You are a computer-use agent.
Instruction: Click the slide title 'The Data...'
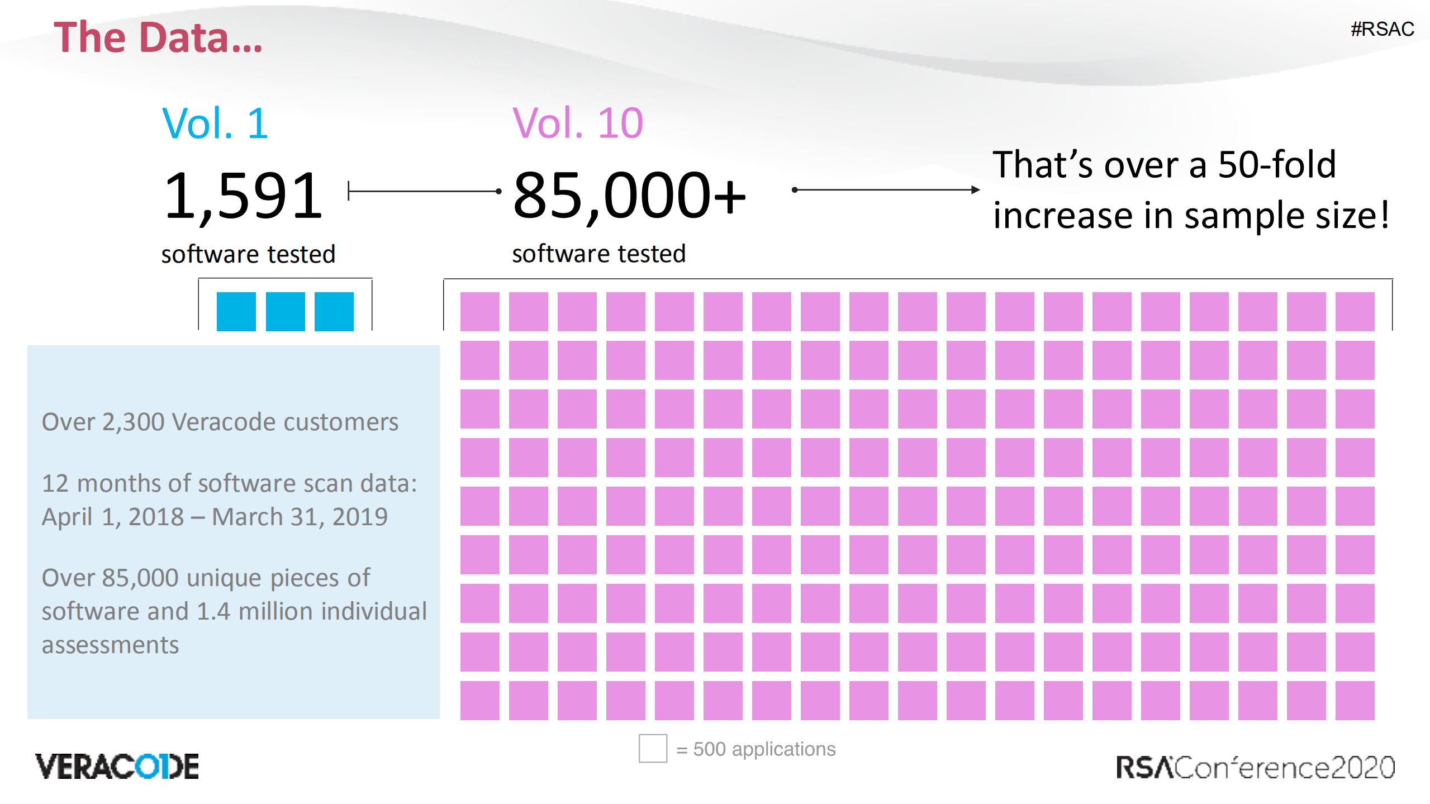(x=158, y=37)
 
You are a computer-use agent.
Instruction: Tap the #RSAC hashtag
(x=1382, y=29)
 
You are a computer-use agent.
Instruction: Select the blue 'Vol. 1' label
(x=215, y=123)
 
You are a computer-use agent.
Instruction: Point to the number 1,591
(x=244, y=196)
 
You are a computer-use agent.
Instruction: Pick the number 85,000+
(x=629, y=196)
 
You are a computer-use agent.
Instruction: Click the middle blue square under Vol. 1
(x=285, y=311)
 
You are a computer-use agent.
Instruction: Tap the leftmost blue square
(x=236, y=311)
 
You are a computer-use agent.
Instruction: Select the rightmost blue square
(x=334, y=311)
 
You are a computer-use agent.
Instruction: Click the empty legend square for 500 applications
(x=653, y=748)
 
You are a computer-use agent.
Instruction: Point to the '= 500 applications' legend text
(x=756, y=749)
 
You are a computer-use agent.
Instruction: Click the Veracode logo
(x=117, y=766)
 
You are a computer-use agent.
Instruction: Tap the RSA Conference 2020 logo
(x=1255, y=767)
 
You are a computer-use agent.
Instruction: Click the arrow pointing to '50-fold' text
(x=886, y=190)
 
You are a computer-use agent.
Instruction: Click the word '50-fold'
(x=1277, y=165)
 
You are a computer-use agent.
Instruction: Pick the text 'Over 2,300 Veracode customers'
(x=220, y=422)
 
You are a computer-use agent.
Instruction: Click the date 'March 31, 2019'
(x=300, y=517)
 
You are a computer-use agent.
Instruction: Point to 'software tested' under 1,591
(x=248, y=254)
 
